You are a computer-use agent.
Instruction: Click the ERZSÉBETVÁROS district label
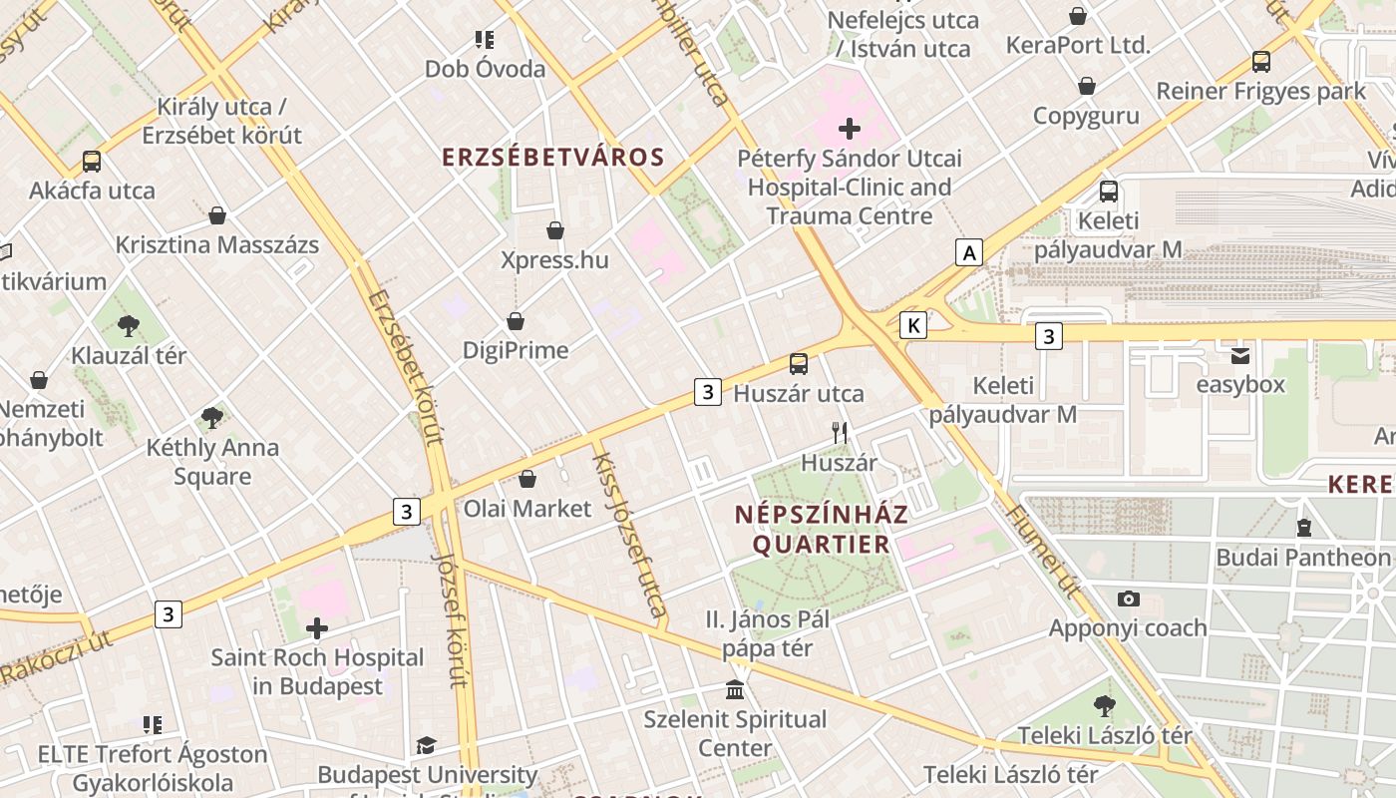tap(552, 158)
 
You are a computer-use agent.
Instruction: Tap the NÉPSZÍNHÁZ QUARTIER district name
tap(821, 530)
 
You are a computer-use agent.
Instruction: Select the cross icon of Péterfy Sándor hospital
tap(850, 129)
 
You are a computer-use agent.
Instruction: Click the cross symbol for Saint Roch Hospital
tap(317, 628)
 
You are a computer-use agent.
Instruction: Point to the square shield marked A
tap(969, 252)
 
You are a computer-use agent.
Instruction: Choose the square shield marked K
tap(913, 324)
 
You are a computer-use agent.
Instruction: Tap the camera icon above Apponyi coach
tap(1128, 598)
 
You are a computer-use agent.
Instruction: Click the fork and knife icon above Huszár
tap(840, 433)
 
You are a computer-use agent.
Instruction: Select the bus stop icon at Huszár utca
tap(799, 364)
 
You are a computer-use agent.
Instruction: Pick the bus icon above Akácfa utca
tap(92, 161)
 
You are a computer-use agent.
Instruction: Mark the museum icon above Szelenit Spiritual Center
tap(735, 689)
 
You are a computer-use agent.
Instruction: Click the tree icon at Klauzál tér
tap(128, 325)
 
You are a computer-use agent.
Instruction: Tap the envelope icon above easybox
tap(1240, 355)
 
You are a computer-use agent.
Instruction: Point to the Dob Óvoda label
tap(486, 69)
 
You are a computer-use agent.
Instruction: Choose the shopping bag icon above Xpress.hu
tap(555, 231)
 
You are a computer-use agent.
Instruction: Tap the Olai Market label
tap(527, 509)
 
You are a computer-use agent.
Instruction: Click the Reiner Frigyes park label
tap(1260, 91)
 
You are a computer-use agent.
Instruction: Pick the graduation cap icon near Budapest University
tap(427, 745)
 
